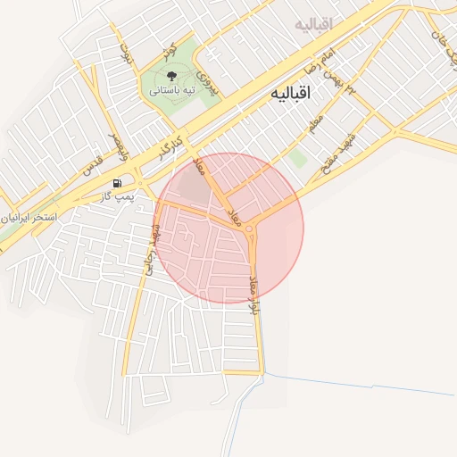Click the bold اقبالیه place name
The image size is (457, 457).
coord(292,92)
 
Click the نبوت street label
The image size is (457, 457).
coord(124,54)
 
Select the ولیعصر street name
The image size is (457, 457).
coord(119,146)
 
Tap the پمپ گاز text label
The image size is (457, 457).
coord(117,195)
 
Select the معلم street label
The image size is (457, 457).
coord(315,125)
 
